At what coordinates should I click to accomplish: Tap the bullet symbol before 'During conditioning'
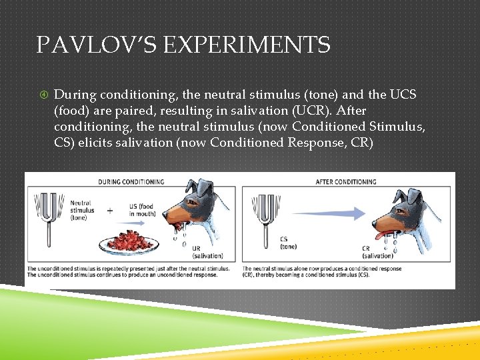point(42,95)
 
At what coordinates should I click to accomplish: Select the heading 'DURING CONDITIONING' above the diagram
point(131,181)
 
